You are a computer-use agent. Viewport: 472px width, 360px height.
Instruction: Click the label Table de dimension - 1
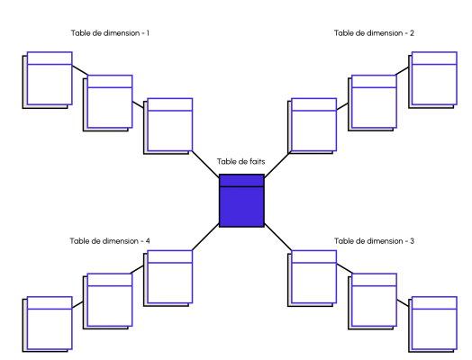(x=110, y=33)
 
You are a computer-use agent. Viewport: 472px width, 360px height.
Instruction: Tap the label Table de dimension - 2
(x=374, y=33)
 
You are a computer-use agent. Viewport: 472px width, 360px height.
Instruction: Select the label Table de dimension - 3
(x=374, y=241)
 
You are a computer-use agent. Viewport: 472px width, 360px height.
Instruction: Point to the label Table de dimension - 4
(x=110, y=241)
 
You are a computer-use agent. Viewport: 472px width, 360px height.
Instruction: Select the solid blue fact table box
(x=241, y=205)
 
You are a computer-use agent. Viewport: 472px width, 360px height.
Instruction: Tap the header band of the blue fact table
(x=241, y=180)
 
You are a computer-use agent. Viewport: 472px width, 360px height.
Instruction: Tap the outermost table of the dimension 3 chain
(x=434, y=323)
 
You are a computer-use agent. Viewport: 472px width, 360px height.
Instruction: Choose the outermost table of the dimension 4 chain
(x=49, y=323)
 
